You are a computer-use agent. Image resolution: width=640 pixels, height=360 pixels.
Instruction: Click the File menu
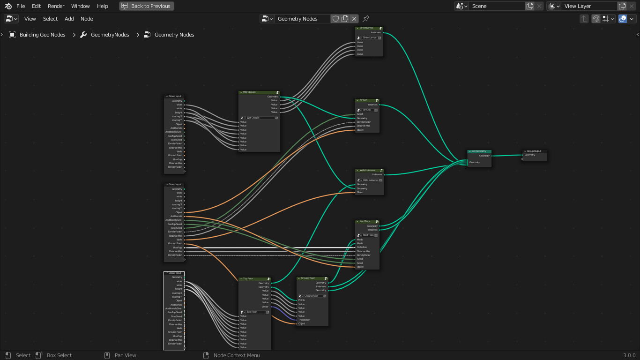pyautogui.click(x=21, y=6)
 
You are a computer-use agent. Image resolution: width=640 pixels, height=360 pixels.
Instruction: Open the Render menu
pyautogui.click(x=56, y=6)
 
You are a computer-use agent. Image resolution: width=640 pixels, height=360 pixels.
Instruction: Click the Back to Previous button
pyautogui.click(x=146, y=6)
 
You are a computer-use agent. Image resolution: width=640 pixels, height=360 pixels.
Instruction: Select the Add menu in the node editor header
pyautogui.click(x=69, y=19)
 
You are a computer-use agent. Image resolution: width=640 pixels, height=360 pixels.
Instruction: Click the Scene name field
pyautogui.click(x=497, y=6)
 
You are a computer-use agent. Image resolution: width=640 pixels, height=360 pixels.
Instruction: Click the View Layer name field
pyautogui.click(x=589, y=6)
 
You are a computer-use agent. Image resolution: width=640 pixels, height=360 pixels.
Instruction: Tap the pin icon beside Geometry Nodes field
pyautogui.click(x=366, y=19)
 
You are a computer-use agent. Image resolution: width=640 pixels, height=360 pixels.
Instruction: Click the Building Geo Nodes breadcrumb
pyautogui.click(x=42, y=35)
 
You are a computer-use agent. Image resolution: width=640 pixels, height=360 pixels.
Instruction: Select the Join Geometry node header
pyautogui.click(x=479, y=151)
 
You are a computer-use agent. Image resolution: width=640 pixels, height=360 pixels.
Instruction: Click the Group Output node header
pyautogui.click(x=534, y=151)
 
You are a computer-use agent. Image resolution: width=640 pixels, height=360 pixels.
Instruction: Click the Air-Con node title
pyautogui.click(x=364, y=100)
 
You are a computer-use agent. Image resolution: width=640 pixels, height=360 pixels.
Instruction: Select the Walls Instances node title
pyautogui.click(x=367, y=170)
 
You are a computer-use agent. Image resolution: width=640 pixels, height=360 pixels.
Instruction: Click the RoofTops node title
pyautogui.click(x=365, y=221)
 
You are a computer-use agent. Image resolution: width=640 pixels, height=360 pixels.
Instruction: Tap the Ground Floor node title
pyautogui.click(x=308, y=278)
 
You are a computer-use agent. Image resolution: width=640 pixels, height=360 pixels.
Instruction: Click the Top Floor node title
pyautogui.click(x=248, y=278)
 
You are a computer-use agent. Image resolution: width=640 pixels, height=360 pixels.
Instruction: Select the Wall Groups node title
pyautogui.click(x=249, y=92)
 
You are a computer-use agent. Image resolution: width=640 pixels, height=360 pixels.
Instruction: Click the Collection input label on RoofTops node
pyautogui.click(x=362, y=247)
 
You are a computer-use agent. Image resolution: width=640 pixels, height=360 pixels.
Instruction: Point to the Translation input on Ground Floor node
pyautogui.click(x=305, y=320)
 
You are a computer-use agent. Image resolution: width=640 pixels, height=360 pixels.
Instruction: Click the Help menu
pyautogui.click(x=103, y=6)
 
